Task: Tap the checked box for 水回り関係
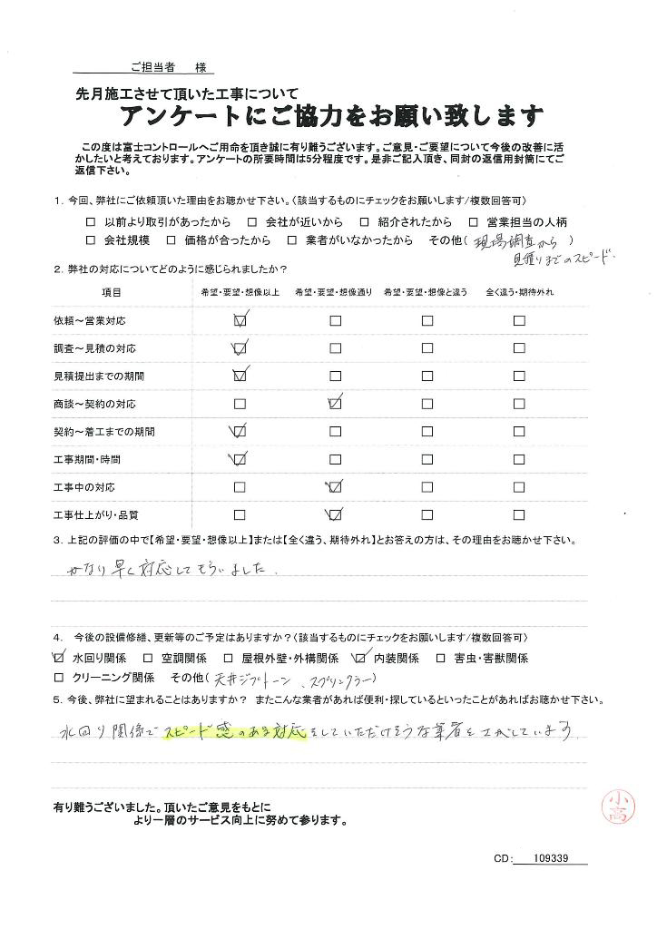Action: [59, 658]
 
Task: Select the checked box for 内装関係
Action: [361, 658]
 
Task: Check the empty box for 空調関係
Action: [147, 658]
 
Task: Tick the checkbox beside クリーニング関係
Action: [59, 678]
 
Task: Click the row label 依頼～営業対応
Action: [89, 320]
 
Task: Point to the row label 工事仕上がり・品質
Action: [95, 515]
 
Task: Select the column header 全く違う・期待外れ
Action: [520, 293]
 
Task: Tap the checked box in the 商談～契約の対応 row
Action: [335, 403]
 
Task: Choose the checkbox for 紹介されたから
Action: [364, 221]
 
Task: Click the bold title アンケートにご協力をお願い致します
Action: [331, 116]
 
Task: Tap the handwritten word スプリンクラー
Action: [340, 680]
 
